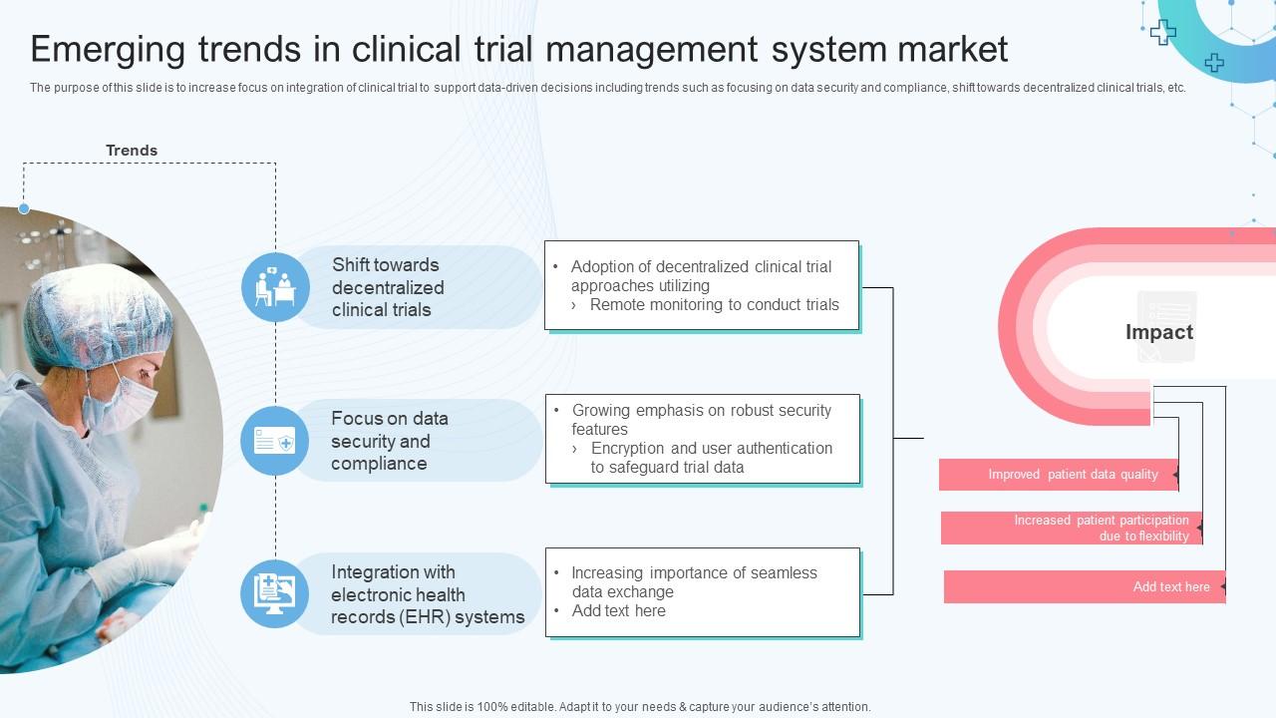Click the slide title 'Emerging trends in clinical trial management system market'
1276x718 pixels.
tap(518, 49)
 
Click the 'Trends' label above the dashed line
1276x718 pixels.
tap(132, 151)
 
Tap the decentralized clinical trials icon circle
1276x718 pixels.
tap(275, 287)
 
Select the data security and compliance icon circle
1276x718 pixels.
tap(274, 441)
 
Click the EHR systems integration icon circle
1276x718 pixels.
tap(274, 594)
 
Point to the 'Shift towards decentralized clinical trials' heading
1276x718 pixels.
tap(388, 287)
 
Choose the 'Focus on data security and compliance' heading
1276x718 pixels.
tap(389, 441)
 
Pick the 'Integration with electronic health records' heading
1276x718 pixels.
tap(427, 594)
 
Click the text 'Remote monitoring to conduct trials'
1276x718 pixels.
tap(714, 305)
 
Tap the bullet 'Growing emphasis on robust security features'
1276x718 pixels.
tap(700, 419)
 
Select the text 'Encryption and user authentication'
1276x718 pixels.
tap(711, 449)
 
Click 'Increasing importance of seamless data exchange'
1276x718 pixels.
tap(693, 582)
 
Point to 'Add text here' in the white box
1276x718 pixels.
tap(618, 611)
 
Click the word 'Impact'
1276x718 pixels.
tap(1158, 332)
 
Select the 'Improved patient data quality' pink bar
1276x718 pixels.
tap(1058, 475)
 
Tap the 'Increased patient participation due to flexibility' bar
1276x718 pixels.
tap(1071, 529)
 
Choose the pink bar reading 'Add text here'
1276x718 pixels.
tap(1084, 587)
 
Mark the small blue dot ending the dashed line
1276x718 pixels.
tap(24, 208)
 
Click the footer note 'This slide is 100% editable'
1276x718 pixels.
tap(639, 707)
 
